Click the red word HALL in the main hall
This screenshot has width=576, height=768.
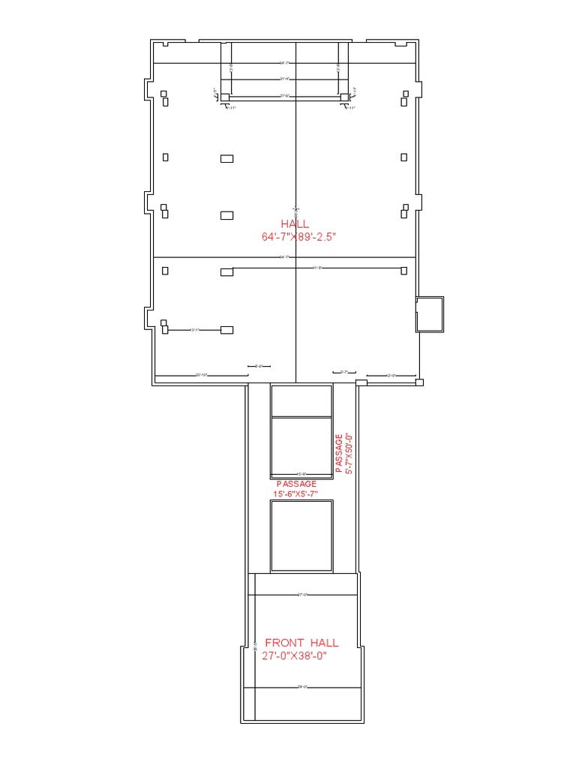pyautogui.click(x=295, y=224)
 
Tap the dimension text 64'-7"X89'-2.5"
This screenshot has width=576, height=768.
pyautogui.click(x=295, y=237)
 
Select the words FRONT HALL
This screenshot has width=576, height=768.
pyautogui.click(x=301, y=643)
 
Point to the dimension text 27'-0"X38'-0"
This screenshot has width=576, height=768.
pyautogui.click(x=295, y=655)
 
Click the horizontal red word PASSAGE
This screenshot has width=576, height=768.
pyautogui.click(x=296, y=484)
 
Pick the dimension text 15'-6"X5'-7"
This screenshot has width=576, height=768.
pyautogui.click(x=296, y=494)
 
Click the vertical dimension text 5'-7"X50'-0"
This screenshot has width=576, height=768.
pyautogui.click(x=349, y=452)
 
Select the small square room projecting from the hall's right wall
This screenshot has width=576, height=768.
pyautogui.click(x=430, y=314)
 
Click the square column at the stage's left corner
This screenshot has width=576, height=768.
pyautogui.click(x=224, y=97)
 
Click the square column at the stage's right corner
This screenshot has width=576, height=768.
pyautogui.click(x=344, y=97)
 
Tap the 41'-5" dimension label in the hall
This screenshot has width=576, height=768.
pyautogui.click(x=316, y=268)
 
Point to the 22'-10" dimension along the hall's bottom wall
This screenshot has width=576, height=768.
pyautogui.click(x=201, y=375)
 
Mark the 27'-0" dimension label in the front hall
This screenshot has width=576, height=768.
pyautogui.click(x=303, y=595)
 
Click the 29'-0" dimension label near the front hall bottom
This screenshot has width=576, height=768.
pyautogui.click(x=303, y=687)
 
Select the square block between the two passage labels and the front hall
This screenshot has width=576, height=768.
pyautogui.click(x=301, y=535)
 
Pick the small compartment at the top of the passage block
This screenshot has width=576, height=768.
pyautogui.click(x=301, y=401)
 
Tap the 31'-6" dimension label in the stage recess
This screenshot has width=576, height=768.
pyautogui.click(x=284, y=79)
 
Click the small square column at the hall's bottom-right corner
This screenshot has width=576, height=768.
pyautogui.click(x=419, y=382)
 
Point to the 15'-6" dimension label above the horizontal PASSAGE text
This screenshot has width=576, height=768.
pyautogui.click(x=301, y=474)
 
